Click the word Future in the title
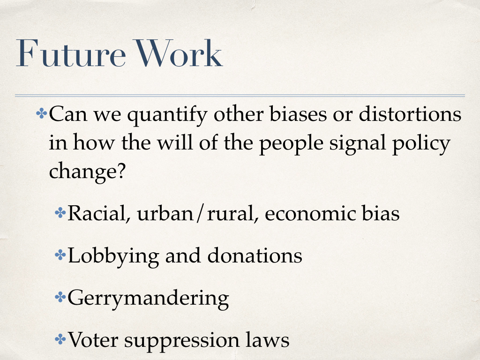click(71, 53)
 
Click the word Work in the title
click(179, 53)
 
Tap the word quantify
click(167, 115)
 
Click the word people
click(292, 143)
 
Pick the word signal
click(358, 143)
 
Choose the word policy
click(421, 143)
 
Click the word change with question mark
click(87, 172)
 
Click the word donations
click(255, 255)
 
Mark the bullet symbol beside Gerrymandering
click(60, 297)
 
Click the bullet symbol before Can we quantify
click(42, 114)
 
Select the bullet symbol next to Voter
click(60, 339)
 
